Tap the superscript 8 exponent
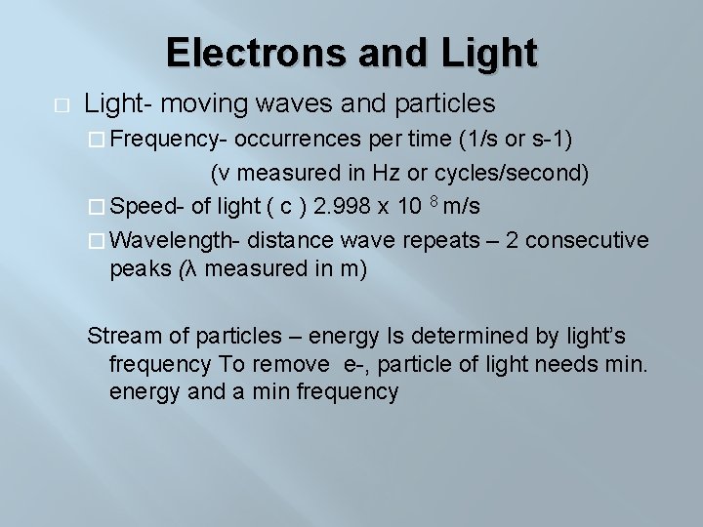[436, 200]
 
